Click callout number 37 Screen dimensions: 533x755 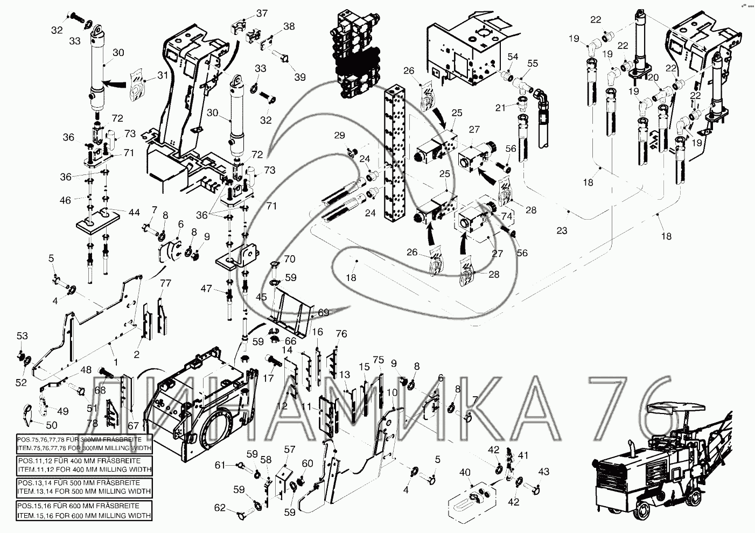[261, 12]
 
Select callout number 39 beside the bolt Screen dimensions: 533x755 [300, 77]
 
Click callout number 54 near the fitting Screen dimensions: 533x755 [513, 57]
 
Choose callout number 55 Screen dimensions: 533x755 [532, 64]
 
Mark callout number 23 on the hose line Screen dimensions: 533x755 [562, 231]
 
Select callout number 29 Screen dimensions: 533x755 [339, 136]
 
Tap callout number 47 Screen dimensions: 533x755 [206, 289]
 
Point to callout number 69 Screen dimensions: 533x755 [323, 312]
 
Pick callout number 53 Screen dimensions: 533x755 [22, 336]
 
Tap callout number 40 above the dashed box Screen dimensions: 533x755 [465, 473]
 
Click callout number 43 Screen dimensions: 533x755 [544, 472]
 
